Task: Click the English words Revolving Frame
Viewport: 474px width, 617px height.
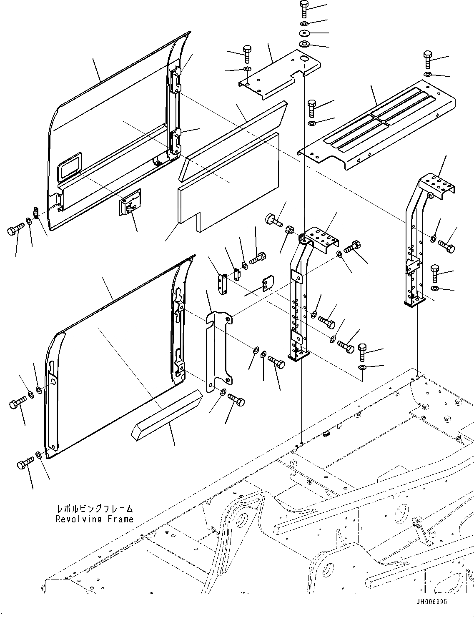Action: point(95,519)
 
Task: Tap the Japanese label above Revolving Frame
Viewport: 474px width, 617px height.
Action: point(95,509)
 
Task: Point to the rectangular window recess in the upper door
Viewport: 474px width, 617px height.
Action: point(70,166)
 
